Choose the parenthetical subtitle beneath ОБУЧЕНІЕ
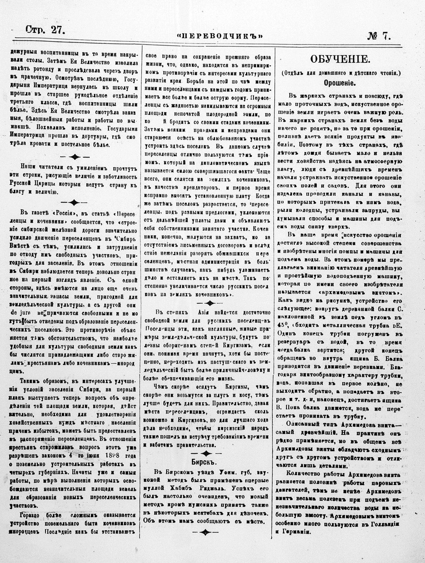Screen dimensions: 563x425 coord(339,74)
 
